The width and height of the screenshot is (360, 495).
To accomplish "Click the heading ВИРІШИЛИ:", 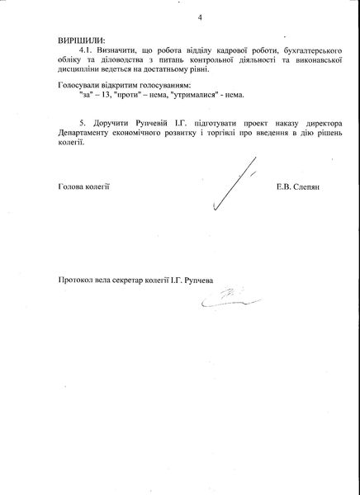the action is click(x=82, y=40).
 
